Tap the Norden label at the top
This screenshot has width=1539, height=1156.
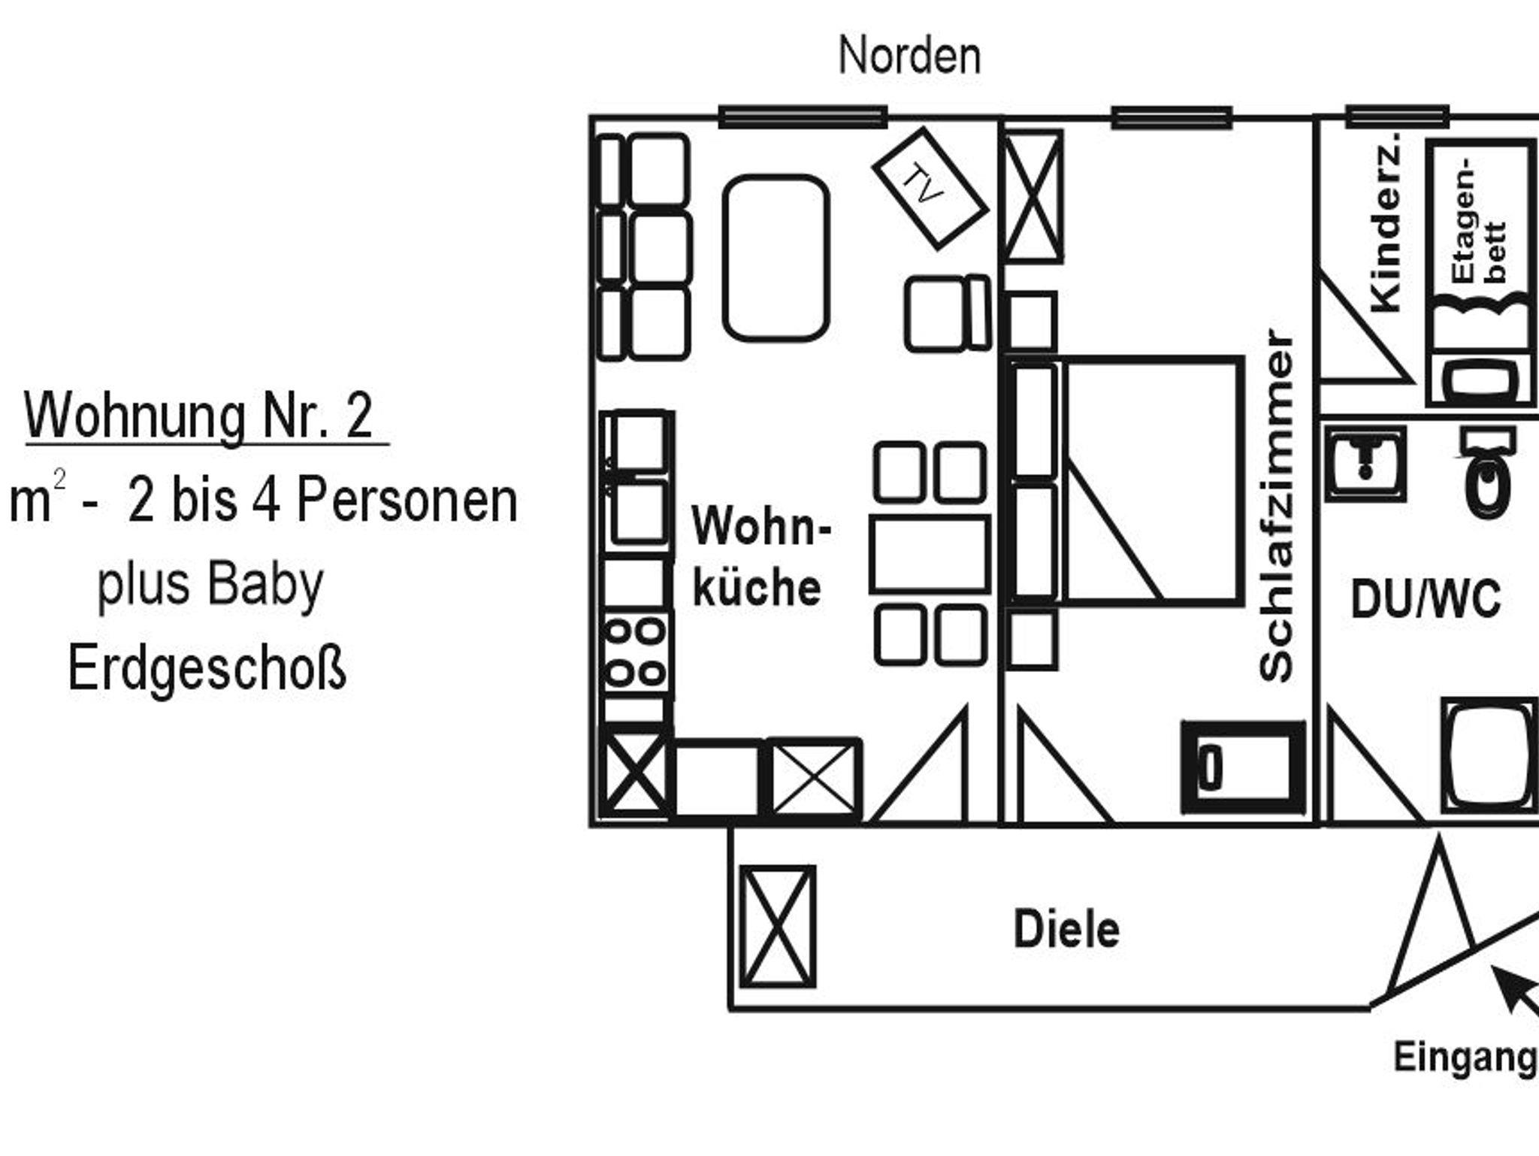(x=909, y=56)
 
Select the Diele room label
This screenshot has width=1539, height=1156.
(x=1066, y=930)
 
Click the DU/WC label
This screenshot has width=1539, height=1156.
(x=1426, y=599)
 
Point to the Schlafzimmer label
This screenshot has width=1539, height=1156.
(x=1277, y=505)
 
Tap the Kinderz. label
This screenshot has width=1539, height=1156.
(x=1386, y=222)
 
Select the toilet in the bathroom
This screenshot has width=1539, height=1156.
(x=1488, y=471)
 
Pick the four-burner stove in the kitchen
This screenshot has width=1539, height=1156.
(x=636, y=652)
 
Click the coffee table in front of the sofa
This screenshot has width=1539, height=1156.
(x=776, y=258)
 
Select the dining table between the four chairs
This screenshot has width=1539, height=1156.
(x=930, y=554)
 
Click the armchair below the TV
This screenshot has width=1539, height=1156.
(x=948, y=313)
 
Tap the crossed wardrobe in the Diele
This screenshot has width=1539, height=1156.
(x=778, y=927)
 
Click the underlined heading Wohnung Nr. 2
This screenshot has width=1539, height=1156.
(x=199, y=416)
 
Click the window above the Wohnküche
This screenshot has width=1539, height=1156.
(x=803, y=117)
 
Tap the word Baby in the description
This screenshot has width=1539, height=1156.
(x=265, y=584)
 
